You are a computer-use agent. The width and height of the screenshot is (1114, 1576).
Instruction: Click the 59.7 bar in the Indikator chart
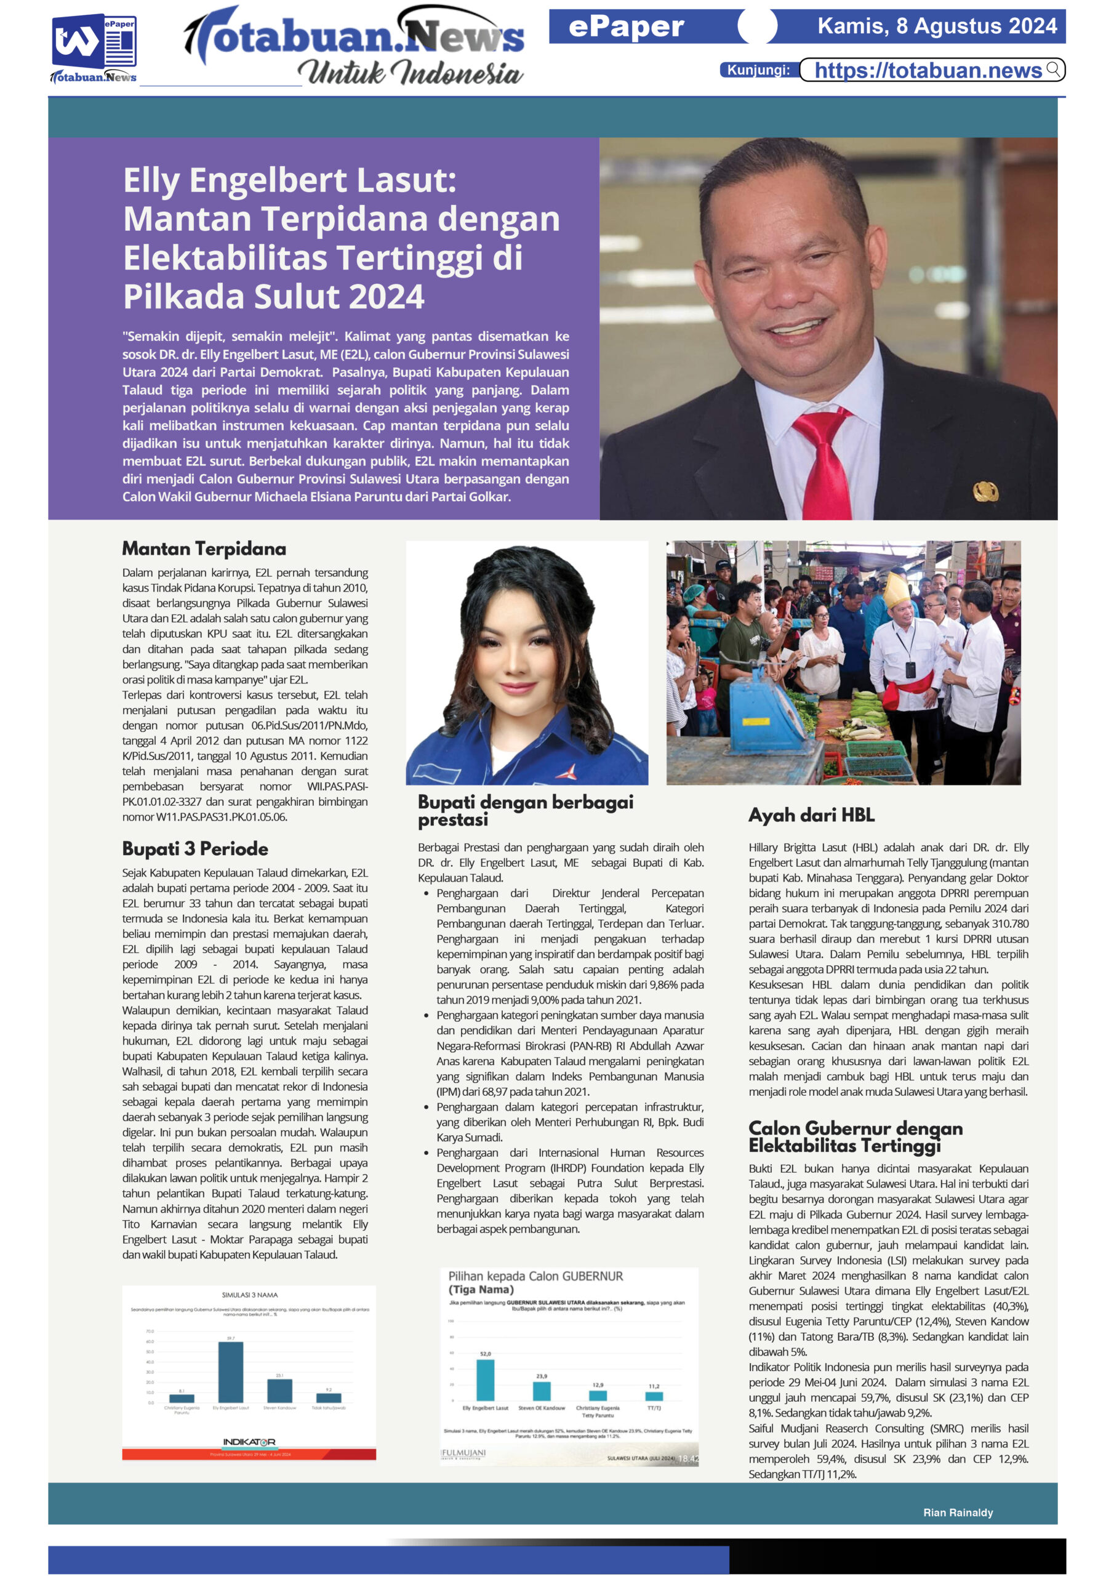tap(231, 1372)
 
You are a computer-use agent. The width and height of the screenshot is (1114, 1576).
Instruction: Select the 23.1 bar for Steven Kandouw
tap(279, 1390)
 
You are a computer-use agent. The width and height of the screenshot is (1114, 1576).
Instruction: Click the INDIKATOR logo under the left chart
tap(249, 1442)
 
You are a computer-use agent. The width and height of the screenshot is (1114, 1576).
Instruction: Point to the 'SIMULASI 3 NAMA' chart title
tap(250, 1295)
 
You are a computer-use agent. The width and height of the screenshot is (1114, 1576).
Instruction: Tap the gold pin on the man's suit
tap(985, 490)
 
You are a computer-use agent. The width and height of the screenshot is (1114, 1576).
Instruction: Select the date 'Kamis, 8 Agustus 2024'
tap(937, 26)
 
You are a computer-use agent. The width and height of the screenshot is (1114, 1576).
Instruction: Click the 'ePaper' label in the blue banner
tap(626, 26)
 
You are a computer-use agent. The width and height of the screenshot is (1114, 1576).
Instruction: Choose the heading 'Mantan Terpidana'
tap(204, 549)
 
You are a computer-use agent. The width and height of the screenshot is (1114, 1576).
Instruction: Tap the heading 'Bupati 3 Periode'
tap(195, 848)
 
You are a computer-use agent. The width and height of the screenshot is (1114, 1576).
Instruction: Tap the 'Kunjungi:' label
tap(758, 70)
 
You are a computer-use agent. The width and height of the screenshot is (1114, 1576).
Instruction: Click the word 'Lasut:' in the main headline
tap(412, 180)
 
